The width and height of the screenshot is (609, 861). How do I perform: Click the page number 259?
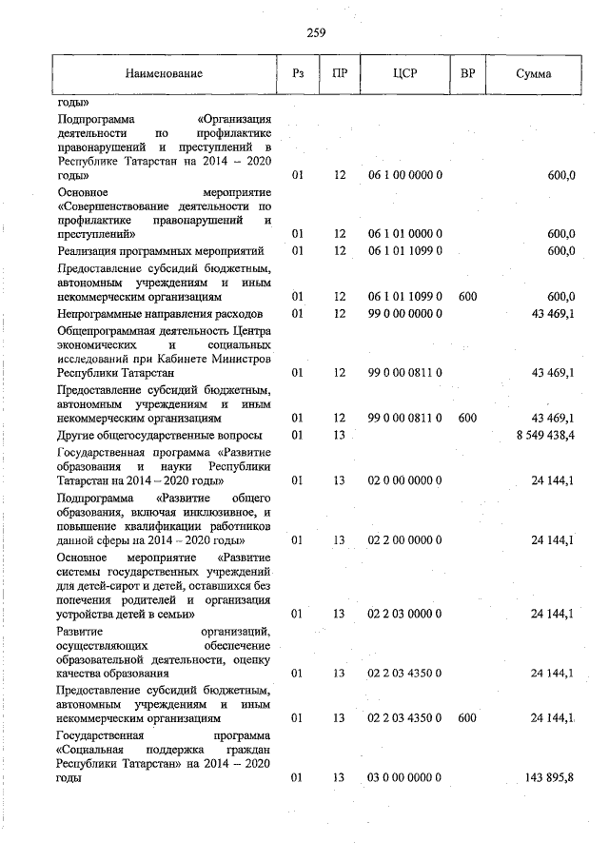(317, 33)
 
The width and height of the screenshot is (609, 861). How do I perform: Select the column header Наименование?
(163, 74)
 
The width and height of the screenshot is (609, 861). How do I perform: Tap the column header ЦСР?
(404, 74)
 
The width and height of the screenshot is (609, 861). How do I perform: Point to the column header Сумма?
(533, 74)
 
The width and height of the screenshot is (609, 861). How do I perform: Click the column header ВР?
(467, 74)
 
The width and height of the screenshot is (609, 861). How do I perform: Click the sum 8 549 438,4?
(541, 435)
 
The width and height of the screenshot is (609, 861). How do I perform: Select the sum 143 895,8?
(549, 778)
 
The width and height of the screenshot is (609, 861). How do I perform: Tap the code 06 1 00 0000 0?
(404, 176)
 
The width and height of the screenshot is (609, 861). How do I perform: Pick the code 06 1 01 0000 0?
(404, 233)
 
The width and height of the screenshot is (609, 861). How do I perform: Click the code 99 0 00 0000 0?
(404, 314)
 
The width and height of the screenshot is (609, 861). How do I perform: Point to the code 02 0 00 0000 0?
(404, 481)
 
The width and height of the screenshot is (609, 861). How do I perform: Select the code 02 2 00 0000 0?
(404, 540)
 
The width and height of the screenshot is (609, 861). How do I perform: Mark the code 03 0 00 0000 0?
(404, 778)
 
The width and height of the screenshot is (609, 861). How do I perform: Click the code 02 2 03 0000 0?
(404, 615)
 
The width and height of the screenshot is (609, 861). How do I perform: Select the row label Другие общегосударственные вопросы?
(159, 435)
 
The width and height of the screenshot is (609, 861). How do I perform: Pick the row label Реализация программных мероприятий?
(159, 251)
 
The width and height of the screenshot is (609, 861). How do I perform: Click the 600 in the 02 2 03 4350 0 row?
(466, 718)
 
